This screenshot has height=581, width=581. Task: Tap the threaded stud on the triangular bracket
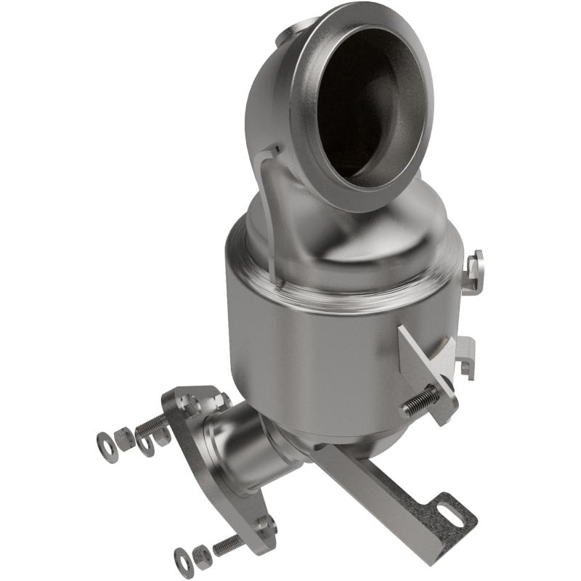(421, 401)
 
